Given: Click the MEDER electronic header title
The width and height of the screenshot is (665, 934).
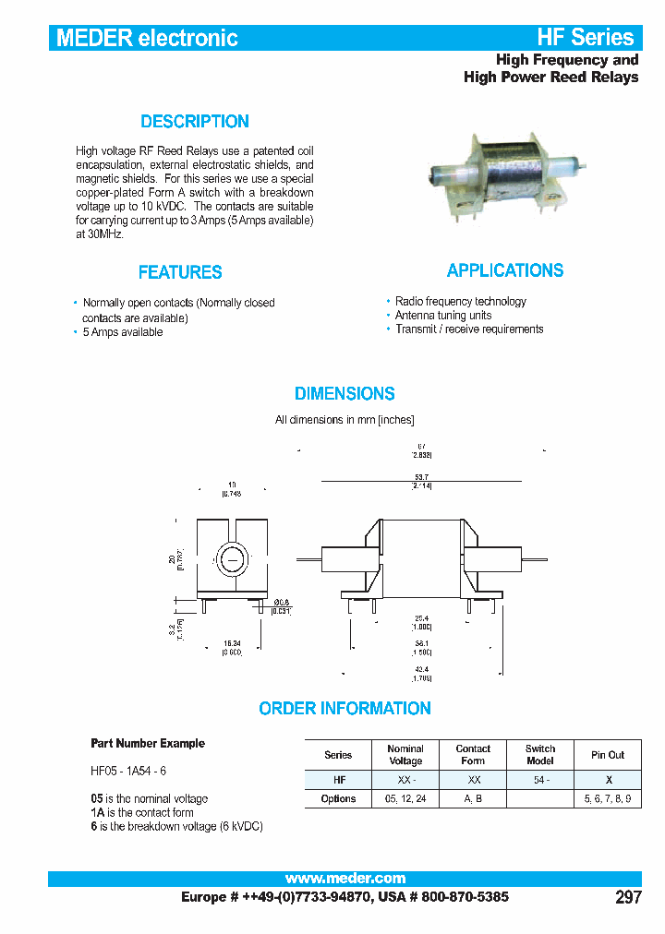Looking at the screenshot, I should point(148,38).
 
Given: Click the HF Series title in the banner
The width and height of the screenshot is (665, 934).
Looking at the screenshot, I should point(586,38).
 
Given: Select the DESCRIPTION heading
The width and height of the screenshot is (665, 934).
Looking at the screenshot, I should point(195,122).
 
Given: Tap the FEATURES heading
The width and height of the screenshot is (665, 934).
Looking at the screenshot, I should point(180,272).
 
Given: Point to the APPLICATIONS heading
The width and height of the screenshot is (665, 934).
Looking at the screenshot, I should point(505,270).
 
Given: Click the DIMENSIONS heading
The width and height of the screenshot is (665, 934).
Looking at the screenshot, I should point(345,394).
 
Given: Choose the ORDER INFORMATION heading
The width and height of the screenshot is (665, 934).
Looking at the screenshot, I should point(345,709).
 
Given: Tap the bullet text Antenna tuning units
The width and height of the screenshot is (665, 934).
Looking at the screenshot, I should point(443,316).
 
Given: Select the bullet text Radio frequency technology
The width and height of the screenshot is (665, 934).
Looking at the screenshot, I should point(460,302).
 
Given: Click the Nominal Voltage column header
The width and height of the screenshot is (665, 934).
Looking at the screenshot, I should point(405,755).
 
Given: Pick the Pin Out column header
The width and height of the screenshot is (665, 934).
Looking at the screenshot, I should point(608,755).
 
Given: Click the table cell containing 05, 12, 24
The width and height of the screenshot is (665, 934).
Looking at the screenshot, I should point(405,798).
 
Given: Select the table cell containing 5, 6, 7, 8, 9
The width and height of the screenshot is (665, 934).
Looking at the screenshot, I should point(608,798).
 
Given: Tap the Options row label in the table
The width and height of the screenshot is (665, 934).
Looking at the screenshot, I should point(338,798).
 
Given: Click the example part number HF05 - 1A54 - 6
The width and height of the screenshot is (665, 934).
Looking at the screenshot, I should point(128,771).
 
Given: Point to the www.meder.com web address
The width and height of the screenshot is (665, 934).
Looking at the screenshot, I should point(345,879).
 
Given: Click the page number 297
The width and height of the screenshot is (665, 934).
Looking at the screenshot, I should point(628,897).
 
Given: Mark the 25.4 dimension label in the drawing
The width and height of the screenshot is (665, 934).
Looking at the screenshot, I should point(423,617).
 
